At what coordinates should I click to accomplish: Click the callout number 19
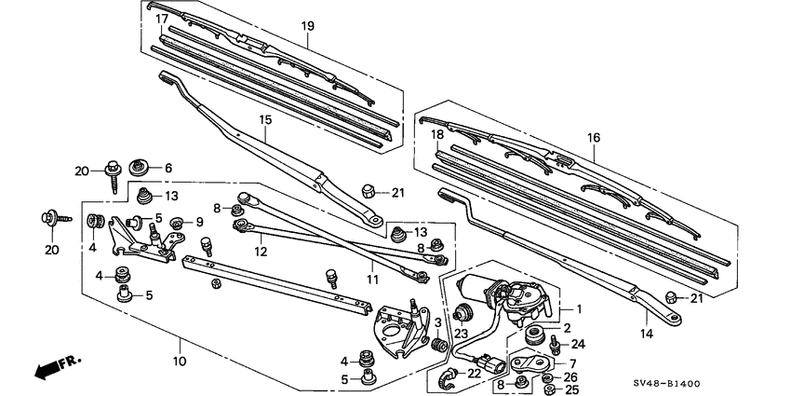click(306, 27)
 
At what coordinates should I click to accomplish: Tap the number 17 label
click(161, 19)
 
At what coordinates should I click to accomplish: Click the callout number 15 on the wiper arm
click(264, 121)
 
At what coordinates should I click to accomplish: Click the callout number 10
click(180, 361)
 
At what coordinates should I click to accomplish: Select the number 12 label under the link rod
click(261, 252)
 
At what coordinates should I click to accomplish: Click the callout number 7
click(572, 362)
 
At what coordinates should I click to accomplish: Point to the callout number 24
click(577, 344)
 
